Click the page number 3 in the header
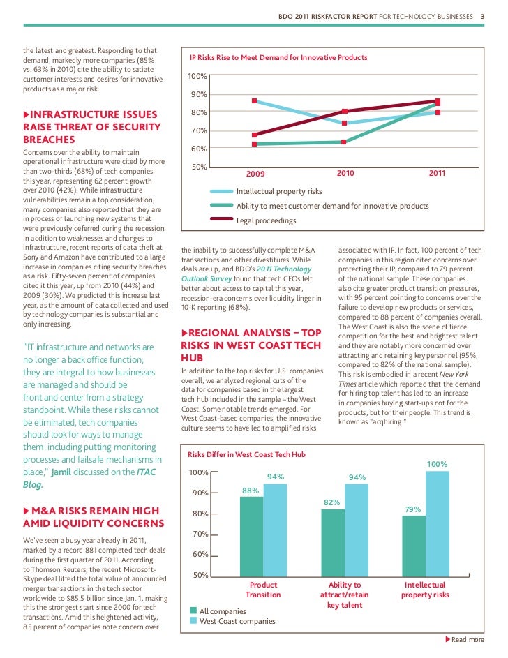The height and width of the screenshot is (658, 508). pos(482,16)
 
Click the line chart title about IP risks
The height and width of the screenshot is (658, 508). pos(278,57)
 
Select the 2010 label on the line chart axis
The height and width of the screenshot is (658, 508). pos(345,172)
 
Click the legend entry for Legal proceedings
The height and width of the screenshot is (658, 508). pos(266,220)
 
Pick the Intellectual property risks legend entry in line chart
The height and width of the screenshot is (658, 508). pos(279,191)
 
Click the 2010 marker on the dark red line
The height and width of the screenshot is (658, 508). pos(345,112)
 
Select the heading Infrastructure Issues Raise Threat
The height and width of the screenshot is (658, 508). pos(91,126)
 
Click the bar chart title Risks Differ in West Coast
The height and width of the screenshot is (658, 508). pos(248,454)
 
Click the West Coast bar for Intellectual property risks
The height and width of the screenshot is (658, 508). pos(437,523)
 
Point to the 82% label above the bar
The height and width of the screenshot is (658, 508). pos(332,502)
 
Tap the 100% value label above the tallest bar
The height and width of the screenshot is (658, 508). pos(437,464)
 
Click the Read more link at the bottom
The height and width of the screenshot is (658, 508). pos(467,640)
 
